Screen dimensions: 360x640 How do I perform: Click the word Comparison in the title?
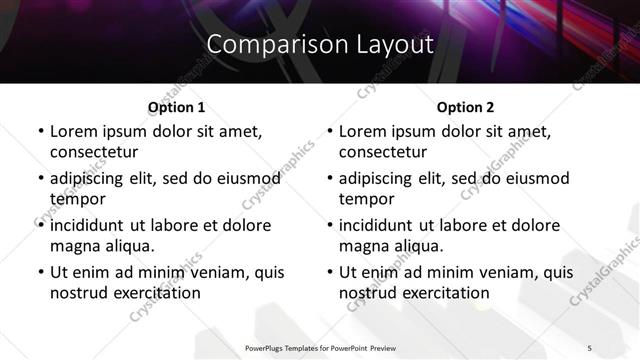pyautogui.click(x=265, y=45)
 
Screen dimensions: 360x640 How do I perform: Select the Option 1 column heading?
pyautogui.click(x=176, y=107)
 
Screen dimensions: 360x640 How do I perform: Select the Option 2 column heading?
pyautogui.click(x=465, y=107)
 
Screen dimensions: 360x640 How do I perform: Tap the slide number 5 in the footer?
pyautogui.click(x=590, y=347)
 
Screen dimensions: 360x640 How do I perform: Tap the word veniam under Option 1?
pyautogui.click(x=216, y=272)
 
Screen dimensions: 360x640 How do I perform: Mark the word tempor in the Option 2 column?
pyautogui.click(x=366, y=199)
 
